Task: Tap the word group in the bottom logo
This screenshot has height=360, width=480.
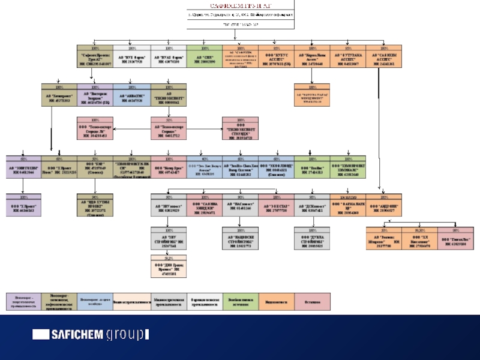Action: tap(127, 335)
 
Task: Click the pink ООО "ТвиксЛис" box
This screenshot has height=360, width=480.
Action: tap(457, 240)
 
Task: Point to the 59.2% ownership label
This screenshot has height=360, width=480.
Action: tap(167, 259)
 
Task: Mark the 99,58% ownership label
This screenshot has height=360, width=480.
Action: tap(420, 230)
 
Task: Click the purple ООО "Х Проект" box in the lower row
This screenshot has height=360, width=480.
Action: tap(23, 208)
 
